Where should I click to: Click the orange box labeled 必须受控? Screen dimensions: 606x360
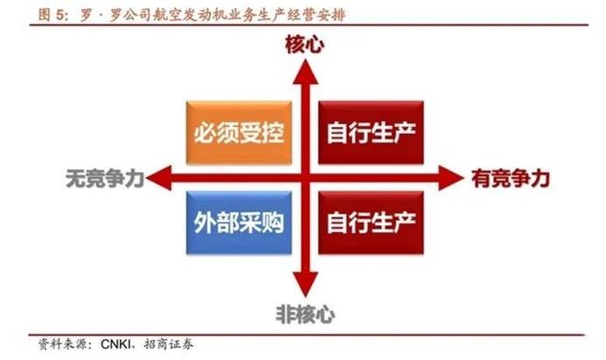(239, 132)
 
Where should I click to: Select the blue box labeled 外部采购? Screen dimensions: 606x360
(239, 222)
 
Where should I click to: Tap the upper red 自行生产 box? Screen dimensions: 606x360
(371, 132)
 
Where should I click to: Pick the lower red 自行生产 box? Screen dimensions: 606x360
(371, 222)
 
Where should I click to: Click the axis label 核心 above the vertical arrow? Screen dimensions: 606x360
(305, 45)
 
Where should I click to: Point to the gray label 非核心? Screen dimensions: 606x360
(306, 314)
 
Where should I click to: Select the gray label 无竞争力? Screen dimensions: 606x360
(105, 179)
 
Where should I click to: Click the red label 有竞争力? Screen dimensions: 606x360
(511, 179)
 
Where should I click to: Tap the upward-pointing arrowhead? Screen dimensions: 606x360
(306, 72)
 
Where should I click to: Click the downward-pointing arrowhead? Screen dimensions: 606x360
(306, 284)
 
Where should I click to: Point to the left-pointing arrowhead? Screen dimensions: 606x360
(159, 178)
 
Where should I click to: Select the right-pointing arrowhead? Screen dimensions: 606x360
(451, 178)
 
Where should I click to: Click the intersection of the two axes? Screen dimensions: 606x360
(306, 178)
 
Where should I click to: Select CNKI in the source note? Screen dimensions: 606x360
(116, 343)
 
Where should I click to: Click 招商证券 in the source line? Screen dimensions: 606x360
(168, 343)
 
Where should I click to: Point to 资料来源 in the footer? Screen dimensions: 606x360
(62, 343)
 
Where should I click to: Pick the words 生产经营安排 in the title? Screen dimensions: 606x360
(305, 15)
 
